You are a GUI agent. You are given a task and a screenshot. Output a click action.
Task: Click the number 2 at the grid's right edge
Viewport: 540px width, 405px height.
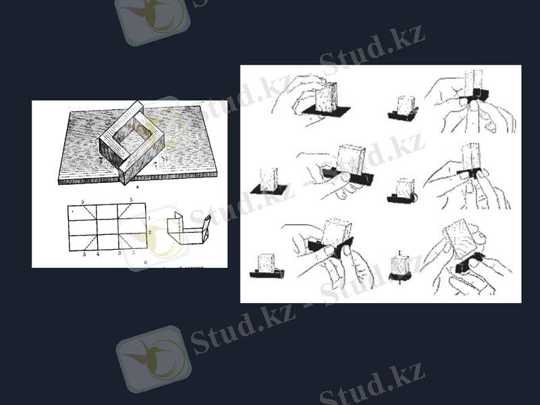point(148,232)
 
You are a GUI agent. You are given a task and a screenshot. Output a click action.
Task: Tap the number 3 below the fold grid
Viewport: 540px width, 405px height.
point(119,253)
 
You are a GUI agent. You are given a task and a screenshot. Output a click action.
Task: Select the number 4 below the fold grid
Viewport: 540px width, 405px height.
point(97,254)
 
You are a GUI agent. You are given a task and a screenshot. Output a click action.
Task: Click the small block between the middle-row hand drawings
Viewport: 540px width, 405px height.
point(403,190)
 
